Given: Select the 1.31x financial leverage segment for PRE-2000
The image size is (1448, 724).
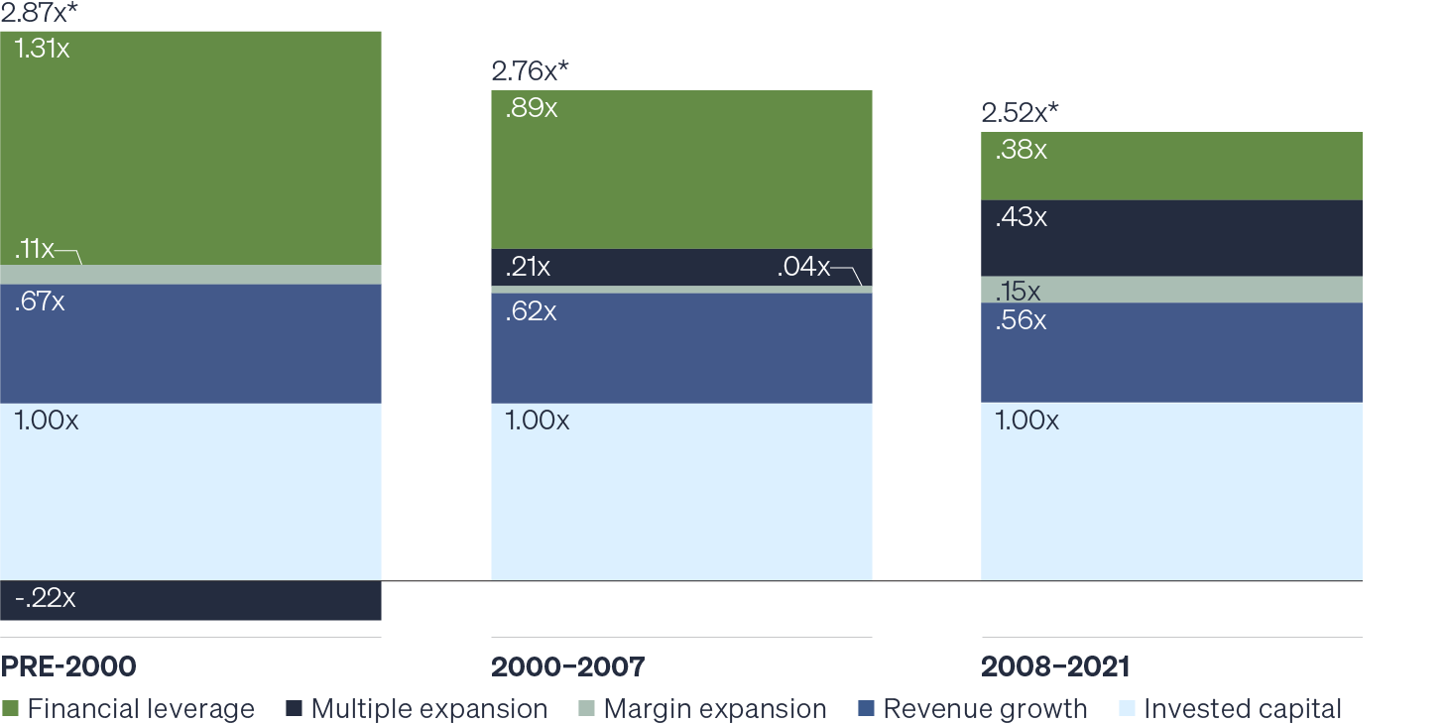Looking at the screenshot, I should coord(190,148).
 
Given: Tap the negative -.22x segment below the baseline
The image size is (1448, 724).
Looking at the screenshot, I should coord(190,601).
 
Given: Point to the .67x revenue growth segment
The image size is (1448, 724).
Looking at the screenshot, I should coord(190,343).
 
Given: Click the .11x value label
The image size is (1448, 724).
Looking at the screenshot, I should coord(35,249).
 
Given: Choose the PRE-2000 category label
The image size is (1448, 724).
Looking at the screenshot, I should coord(68,666).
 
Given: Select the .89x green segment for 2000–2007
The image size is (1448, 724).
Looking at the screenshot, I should coord(681,170).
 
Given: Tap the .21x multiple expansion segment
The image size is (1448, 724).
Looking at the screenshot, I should coord(681,267).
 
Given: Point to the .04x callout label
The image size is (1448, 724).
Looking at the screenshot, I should coord(804,267).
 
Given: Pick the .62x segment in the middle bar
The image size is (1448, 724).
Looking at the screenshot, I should coord(681,348).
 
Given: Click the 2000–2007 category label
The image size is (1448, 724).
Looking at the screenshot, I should coord(567,666).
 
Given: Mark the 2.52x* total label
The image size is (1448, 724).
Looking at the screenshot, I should coord(1019,112).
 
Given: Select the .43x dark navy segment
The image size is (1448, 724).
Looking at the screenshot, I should coord(1171,238).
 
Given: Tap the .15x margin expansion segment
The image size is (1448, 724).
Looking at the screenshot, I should coord(1171,290).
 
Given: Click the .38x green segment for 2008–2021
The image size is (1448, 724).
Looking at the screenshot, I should coord(1171,166).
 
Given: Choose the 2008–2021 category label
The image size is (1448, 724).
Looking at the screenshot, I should coord(1055,666).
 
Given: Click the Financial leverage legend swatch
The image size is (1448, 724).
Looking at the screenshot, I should coord(11,709).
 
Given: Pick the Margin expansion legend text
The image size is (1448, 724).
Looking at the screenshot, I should coord(715,709).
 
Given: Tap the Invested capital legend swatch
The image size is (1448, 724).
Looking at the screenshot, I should coord(1127,709).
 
